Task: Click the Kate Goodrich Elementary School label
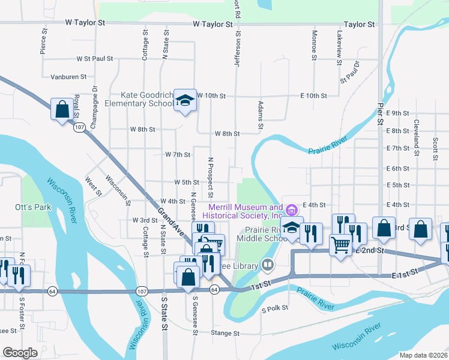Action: point(147,99)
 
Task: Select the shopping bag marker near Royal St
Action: point(62,109)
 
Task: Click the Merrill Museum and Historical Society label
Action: point(244,211)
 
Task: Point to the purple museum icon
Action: point(292,210)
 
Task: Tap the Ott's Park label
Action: point(32,207)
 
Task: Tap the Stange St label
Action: point(225,333)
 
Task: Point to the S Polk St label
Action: point(275,310)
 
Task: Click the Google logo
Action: point(20,353)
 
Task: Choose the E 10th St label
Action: point(313,95)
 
